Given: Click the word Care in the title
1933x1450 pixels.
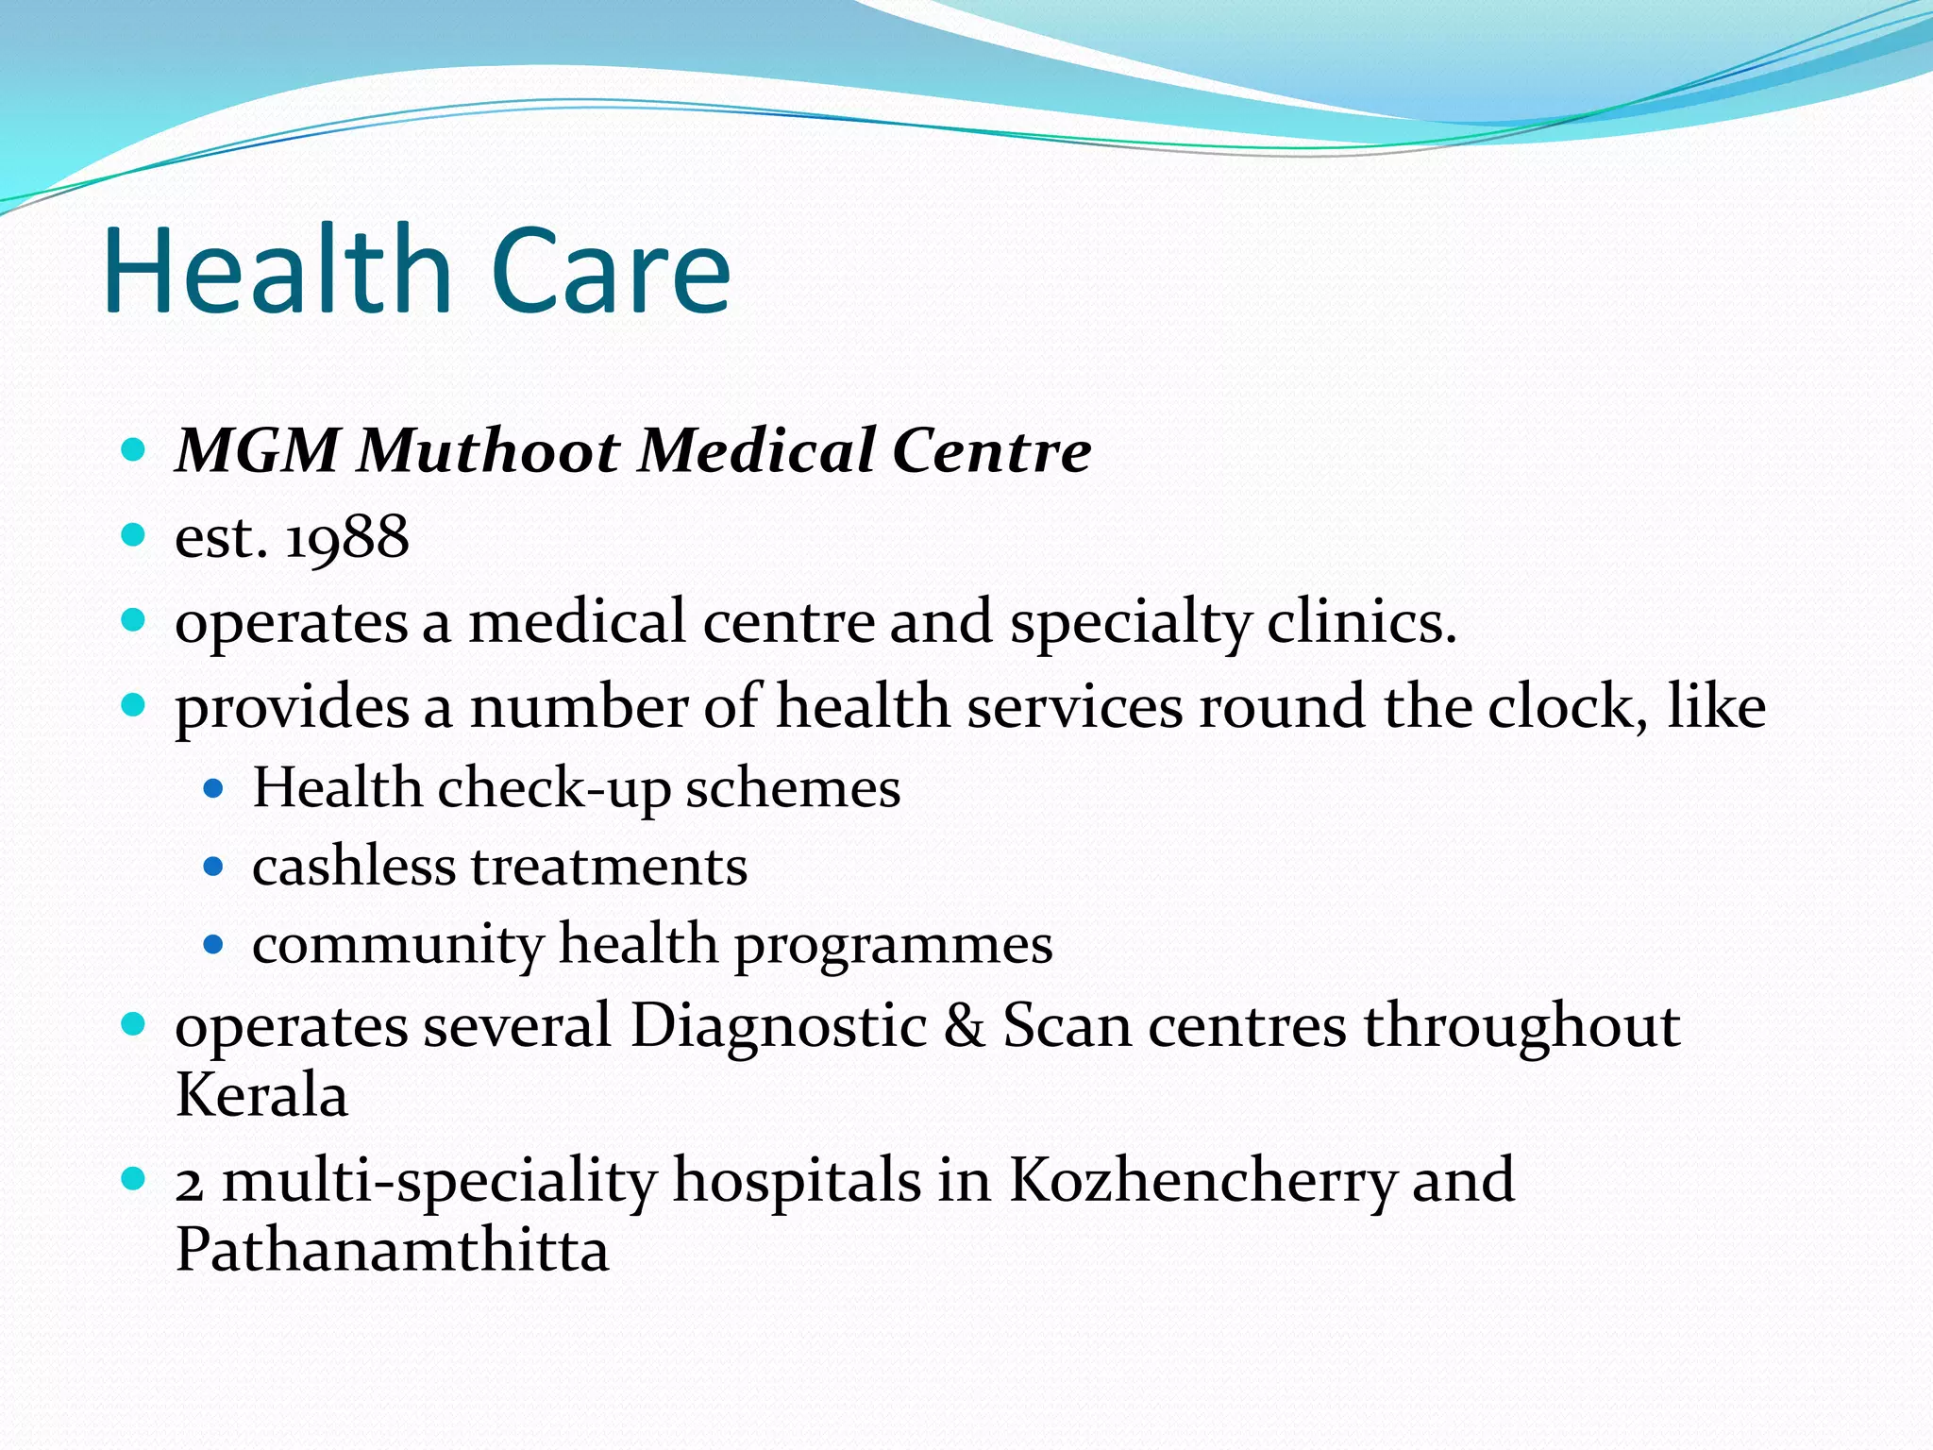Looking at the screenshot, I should pos(611,270).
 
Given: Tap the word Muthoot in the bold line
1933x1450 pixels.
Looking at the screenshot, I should pos(488,450).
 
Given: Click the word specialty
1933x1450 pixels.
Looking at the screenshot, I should pos(1130,624).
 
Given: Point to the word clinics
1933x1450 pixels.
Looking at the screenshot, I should pos(1361,622).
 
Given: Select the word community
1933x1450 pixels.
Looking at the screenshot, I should pos(397,945).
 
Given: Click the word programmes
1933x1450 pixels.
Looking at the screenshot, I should pos(893,945).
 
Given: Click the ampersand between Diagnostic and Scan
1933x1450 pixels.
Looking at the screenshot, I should pos(964,1025).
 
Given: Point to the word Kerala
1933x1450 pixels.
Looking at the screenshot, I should pos(261,1096).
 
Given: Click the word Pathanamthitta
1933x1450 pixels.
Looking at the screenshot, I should pos(392,1251).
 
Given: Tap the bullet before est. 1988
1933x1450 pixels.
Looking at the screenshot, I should pos(134,535).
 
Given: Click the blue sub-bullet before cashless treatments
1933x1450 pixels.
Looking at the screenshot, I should pos(214,866).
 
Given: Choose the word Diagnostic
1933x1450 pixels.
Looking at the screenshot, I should pos(779,1025).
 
